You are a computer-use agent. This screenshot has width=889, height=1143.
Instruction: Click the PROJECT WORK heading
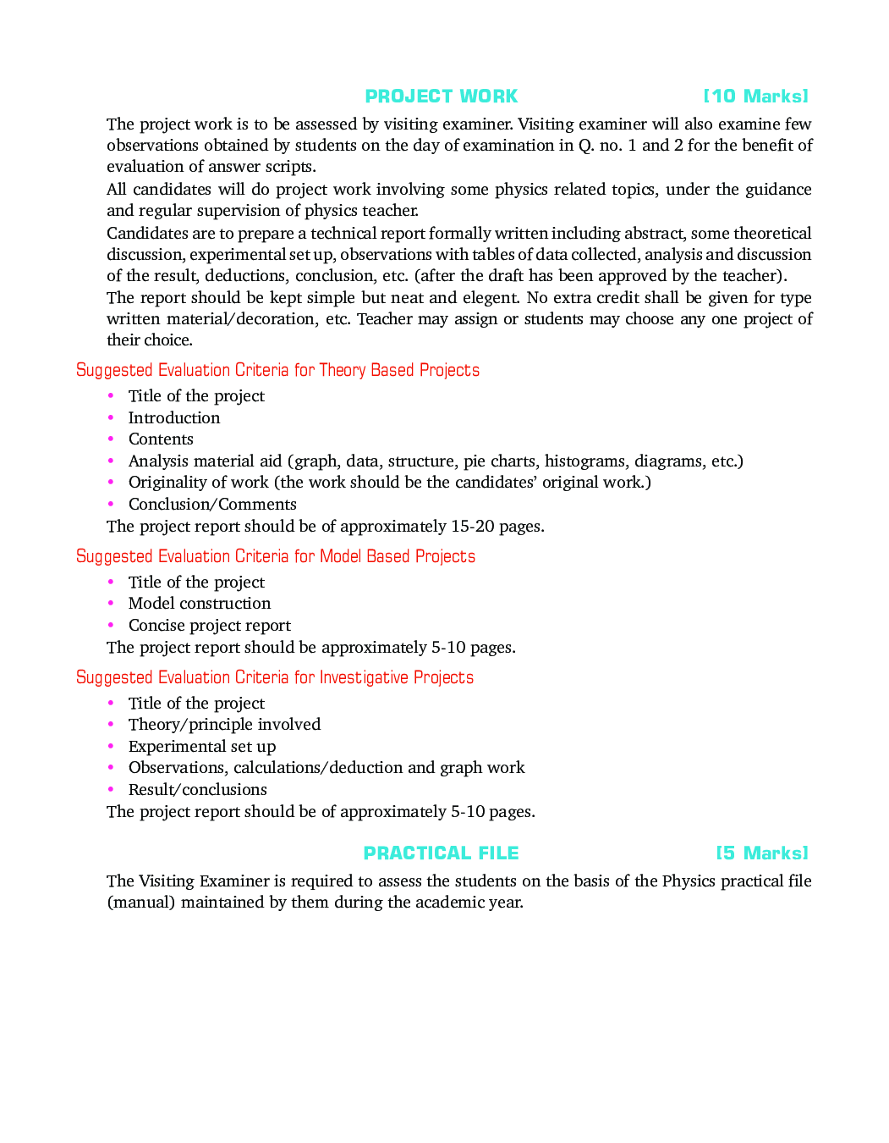(441, 97)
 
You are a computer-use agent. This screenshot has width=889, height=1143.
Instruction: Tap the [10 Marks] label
(755, 97)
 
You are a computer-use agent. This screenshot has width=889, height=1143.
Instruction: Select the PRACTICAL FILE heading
(441, 853)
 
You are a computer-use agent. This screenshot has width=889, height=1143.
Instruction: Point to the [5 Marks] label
(761, 853)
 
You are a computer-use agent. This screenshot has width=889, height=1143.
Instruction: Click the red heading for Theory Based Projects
(277, 370)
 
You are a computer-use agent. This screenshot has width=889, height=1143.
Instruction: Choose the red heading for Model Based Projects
(276, 556)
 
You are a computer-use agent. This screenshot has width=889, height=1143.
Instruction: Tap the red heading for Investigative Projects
(275, 677)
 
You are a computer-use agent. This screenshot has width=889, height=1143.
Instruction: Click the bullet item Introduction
(174, 417)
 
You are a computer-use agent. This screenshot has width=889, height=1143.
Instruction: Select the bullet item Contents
(161, 439)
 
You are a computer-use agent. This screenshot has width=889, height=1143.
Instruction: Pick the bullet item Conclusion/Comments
(212, 505)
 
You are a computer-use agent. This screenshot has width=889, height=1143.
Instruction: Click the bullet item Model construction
(200, 604)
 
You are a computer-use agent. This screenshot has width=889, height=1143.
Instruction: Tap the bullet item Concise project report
(210, 626)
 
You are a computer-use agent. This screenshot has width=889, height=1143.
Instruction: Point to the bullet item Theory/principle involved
(224, 725)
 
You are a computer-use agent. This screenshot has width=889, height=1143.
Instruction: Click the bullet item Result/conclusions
(197, 790)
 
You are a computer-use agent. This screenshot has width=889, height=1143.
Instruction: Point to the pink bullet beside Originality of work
(111, 483)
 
